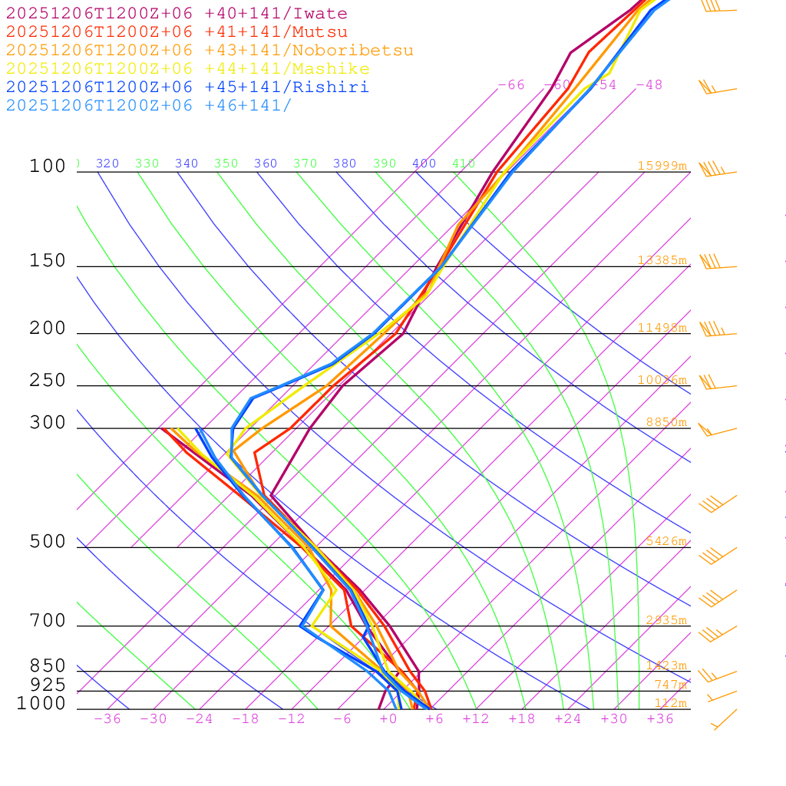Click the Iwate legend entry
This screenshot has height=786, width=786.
click(177, 14)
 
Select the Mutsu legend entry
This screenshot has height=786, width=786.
click(177, 32)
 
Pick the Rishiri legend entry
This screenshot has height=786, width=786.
click(187, 87)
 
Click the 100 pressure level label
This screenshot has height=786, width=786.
click(48, 166)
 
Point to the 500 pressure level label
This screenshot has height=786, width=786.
click(48, 542)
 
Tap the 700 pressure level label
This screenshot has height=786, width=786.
click(48, 620)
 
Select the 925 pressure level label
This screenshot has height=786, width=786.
click(48, 685)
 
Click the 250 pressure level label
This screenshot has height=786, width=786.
click(48, 381)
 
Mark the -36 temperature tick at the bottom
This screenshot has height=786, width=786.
click(107, 719)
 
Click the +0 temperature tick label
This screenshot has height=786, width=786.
click(388, 719)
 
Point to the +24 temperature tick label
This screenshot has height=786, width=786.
click(568, 719)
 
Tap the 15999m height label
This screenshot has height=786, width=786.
click(662, 166)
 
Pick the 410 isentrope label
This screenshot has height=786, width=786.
click(464, 163)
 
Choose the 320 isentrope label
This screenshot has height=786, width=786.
click(107, 163)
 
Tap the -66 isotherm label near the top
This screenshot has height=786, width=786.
click(511, 85)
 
